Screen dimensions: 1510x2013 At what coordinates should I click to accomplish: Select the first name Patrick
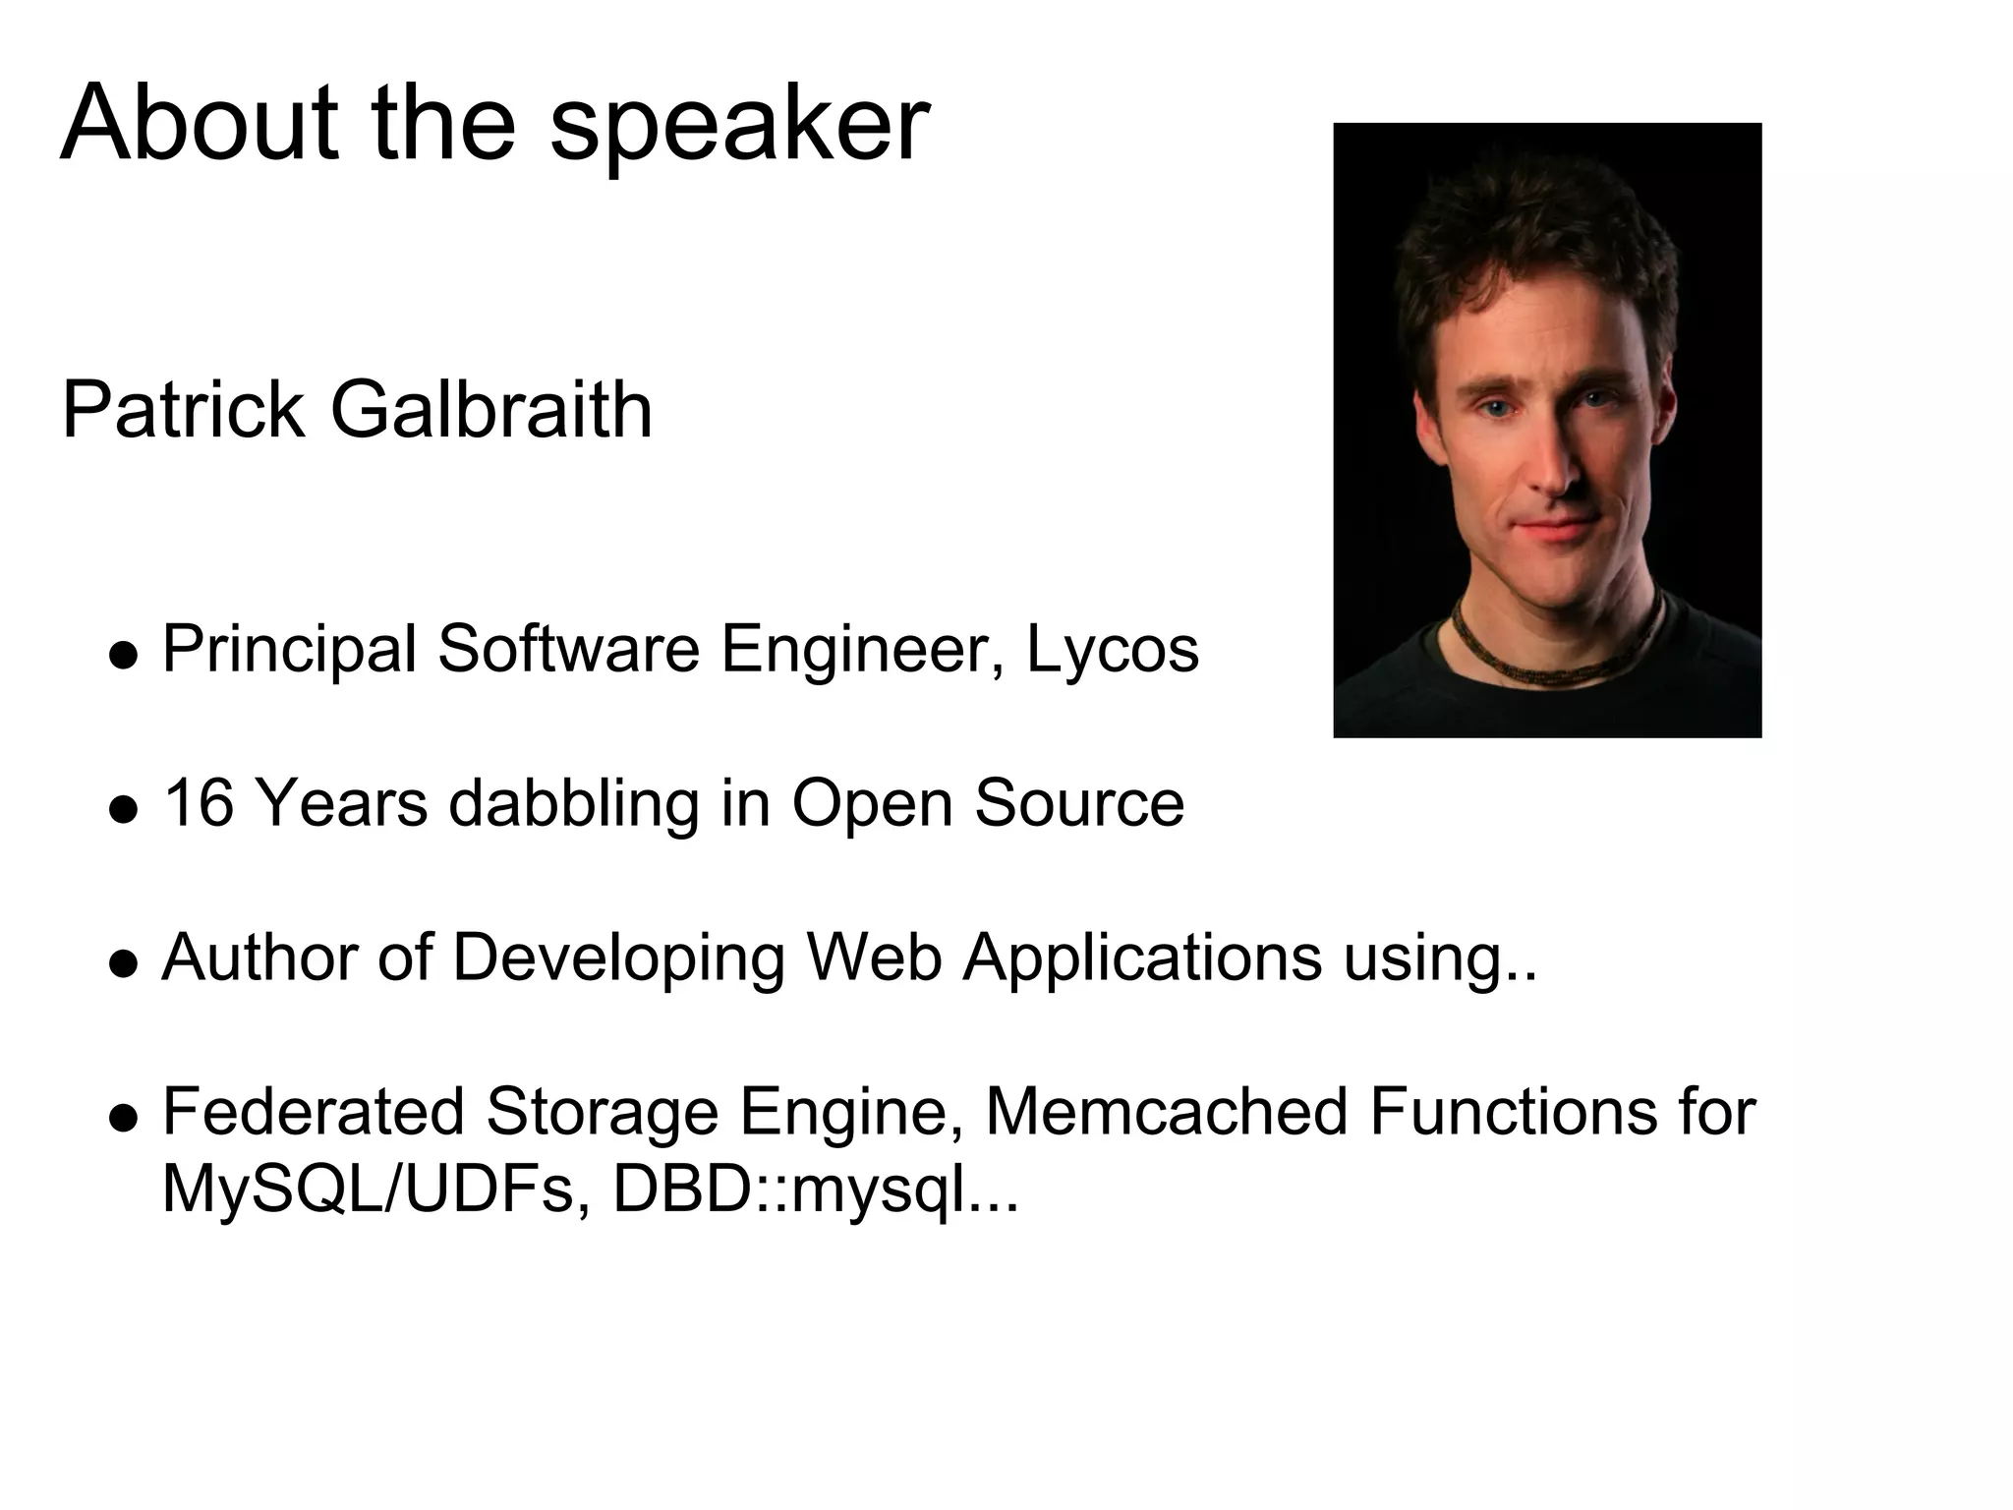point(183,410)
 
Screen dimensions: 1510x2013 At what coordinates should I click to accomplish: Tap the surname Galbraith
point(491,410)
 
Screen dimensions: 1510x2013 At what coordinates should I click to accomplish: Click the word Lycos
point(1113,651)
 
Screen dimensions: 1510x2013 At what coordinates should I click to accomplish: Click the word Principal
point(289,651)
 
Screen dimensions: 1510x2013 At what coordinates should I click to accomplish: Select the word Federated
point(313,1111)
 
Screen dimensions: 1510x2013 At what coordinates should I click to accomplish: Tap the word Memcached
point(1166,1111)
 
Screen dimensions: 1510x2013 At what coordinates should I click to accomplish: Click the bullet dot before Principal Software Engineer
point(123,655)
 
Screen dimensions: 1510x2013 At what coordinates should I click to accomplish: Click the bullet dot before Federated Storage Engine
point(123,1117)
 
